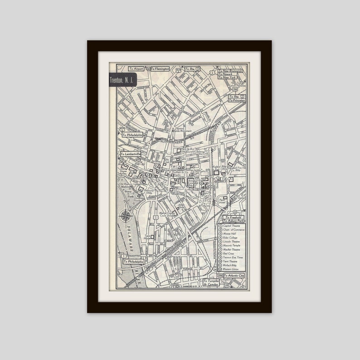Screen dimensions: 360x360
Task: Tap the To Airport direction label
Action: pyautogui.click(x=136, y=69)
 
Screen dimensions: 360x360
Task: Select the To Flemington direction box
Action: pyautogui.click(x=160, y=69)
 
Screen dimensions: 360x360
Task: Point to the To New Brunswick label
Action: pyautogui.click(x=231, y=71)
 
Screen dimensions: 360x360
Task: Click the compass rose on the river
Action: pyautogui.click(x=126, y=216)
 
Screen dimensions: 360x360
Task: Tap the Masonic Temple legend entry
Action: pyautogui.click(x=232, y=248)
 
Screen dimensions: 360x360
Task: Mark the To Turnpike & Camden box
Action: pyautogui.click(x=211, y=283)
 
